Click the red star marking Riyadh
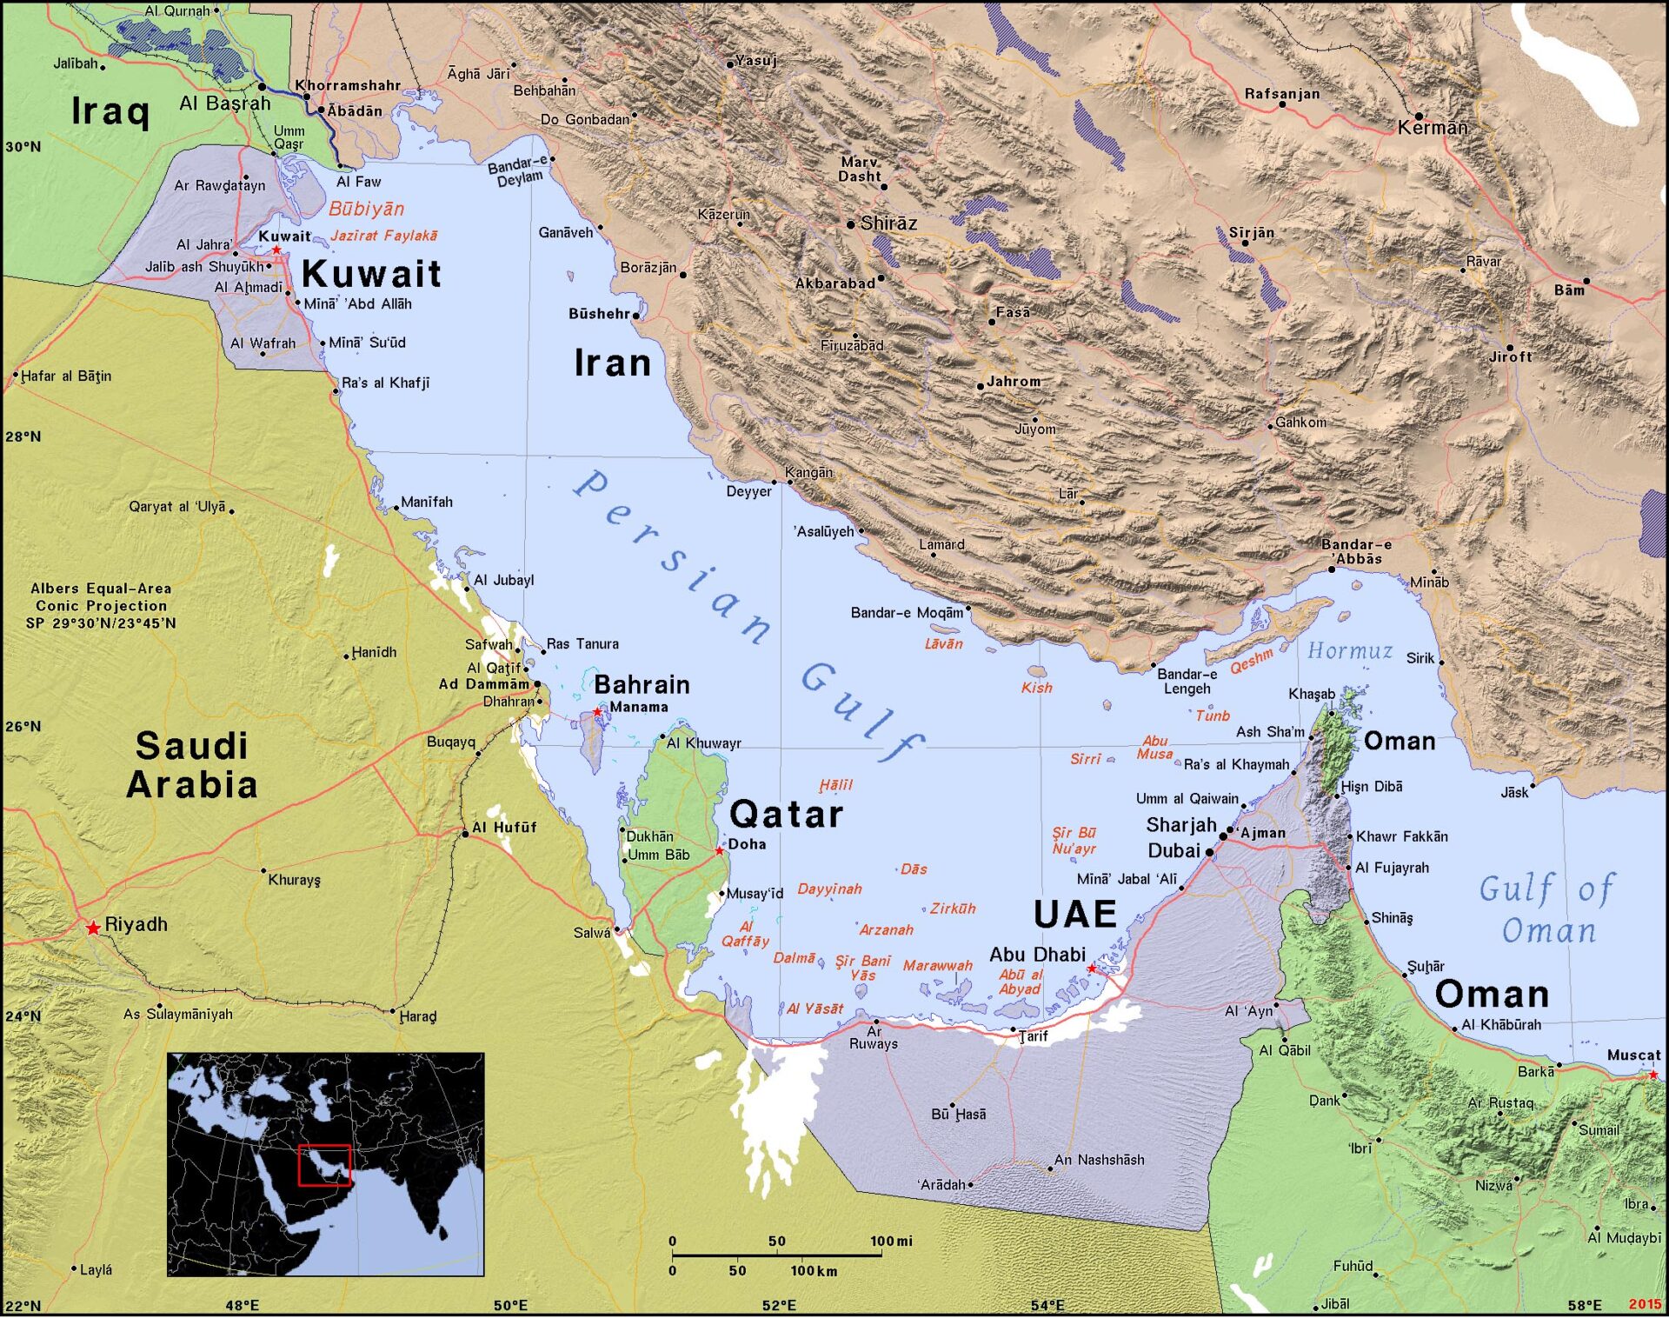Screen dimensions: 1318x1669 [93, 929]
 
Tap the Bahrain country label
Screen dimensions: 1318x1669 [642, 685]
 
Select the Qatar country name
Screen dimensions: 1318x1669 [786, 815]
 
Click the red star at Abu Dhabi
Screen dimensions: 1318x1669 [1092, 969]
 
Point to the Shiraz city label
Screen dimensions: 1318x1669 [888, 223]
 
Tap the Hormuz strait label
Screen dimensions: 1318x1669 [1349, 651]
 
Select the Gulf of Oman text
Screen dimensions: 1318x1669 [1547, 909]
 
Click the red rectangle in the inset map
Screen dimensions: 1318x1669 [324, 1165]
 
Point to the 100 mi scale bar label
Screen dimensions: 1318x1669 [891, 1241]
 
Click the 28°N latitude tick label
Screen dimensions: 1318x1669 [23, 436]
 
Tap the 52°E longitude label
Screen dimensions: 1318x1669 [779, 1305]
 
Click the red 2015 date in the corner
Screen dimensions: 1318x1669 [1645, 1304]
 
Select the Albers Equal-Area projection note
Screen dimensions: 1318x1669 [101, 605]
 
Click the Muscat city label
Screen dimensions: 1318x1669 [1633, 1055]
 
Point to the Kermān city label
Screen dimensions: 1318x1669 [1433, 128]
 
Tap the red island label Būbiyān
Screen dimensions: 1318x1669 [366, 209]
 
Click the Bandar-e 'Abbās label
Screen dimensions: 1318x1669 [1356, 551]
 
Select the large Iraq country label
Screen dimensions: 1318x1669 [110, 111]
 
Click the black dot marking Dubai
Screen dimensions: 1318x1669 [1209, 853]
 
